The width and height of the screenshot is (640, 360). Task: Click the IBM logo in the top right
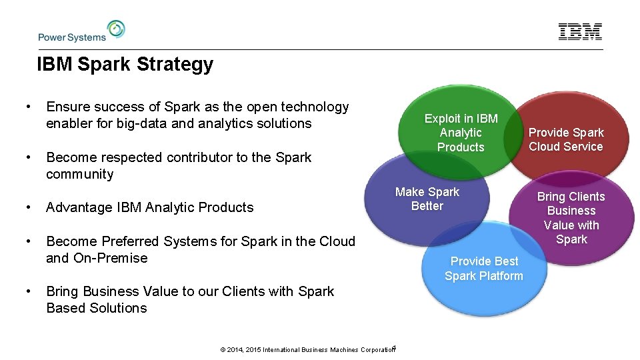point(580,31)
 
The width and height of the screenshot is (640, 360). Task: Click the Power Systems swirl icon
point(116,29)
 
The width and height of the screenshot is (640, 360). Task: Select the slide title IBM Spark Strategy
point(125,65)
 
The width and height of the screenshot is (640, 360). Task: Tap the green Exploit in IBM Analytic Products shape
point(461,133)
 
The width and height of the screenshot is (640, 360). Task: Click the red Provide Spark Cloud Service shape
point(566,139)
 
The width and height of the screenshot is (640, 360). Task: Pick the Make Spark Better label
point(427,199)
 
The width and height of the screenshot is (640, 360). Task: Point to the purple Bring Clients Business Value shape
point(571,218)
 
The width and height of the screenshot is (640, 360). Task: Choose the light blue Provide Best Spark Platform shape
point(484,269)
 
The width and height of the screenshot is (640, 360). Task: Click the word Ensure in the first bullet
point(67,107)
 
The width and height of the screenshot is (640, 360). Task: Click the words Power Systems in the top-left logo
point(72,37)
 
